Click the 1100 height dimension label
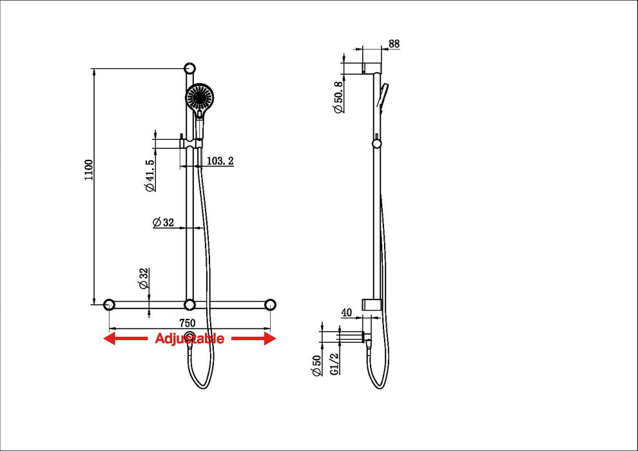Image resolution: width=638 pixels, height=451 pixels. (88, 169)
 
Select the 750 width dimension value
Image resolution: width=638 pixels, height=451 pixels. (187, 322)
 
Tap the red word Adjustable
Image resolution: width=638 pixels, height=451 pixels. (189, 338)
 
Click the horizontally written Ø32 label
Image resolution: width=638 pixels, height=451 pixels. (164, 222)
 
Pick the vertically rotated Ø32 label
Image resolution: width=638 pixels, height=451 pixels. (144, 278)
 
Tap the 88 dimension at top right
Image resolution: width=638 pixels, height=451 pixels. (394, 44)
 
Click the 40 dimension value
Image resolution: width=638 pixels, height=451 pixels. (345, 313)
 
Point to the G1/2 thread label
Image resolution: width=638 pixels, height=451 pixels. (334, 367)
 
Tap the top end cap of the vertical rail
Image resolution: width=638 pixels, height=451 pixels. (189, 68)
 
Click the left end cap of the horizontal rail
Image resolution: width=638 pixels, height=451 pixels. (110, 303)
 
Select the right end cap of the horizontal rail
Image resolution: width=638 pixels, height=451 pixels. (270, 303)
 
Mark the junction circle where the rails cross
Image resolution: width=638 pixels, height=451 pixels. (189, 303)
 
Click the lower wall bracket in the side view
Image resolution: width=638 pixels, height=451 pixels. (372, 304)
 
